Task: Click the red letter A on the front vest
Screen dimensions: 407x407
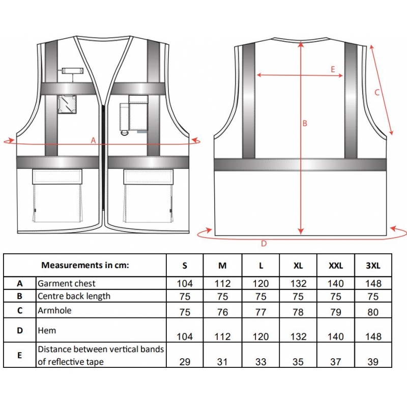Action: (x=93, y=140)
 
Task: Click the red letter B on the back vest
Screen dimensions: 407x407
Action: (x=305, y=123)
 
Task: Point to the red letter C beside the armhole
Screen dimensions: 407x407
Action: (x=377, y=92)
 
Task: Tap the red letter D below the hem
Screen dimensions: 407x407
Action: (x=264, y=244)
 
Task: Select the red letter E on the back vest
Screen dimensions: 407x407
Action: (x=333, y=69)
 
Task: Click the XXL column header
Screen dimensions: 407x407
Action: (x=336, y=266)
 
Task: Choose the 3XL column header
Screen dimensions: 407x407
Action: (x=373, y=266)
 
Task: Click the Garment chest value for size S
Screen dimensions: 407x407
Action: (x=185, y=283)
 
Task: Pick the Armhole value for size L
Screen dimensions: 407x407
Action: (x=260, y=312)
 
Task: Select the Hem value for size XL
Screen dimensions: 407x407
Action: (x=298, y=337)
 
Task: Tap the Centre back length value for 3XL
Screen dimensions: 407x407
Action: (x=373, y=297)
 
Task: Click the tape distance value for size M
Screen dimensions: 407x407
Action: (x=222, y=362)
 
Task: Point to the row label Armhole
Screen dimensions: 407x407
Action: (x=54, y=310)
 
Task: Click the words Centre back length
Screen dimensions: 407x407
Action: (x=74, y=296)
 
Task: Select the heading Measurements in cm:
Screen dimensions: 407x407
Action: (x=85, y=265)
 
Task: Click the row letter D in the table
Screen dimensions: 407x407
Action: (x=20, y=330)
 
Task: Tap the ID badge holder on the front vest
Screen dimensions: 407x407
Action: (x=67, y=104)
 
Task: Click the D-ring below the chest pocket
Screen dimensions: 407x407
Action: (x=125, y=133)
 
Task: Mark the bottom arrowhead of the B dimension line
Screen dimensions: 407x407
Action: (x=301, y=231)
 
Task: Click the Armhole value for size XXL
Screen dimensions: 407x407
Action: (x=336, y=312)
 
